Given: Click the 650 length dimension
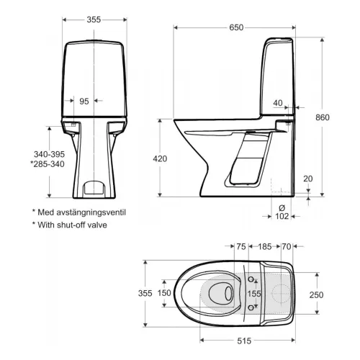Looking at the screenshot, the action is [236, 27].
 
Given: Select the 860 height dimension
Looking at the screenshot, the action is [323, 117].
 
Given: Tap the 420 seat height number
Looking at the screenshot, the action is [160, 158].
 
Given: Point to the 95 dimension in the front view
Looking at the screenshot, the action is [84, 102].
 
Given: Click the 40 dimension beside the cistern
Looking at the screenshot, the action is [278, 103].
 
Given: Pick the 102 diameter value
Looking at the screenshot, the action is [282, 216].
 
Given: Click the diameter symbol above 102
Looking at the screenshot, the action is [282, 207].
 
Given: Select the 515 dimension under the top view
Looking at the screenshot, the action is [244, 341].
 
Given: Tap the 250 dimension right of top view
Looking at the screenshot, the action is [316, 294].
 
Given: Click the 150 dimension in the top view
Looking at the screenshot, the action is [164, 293].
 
